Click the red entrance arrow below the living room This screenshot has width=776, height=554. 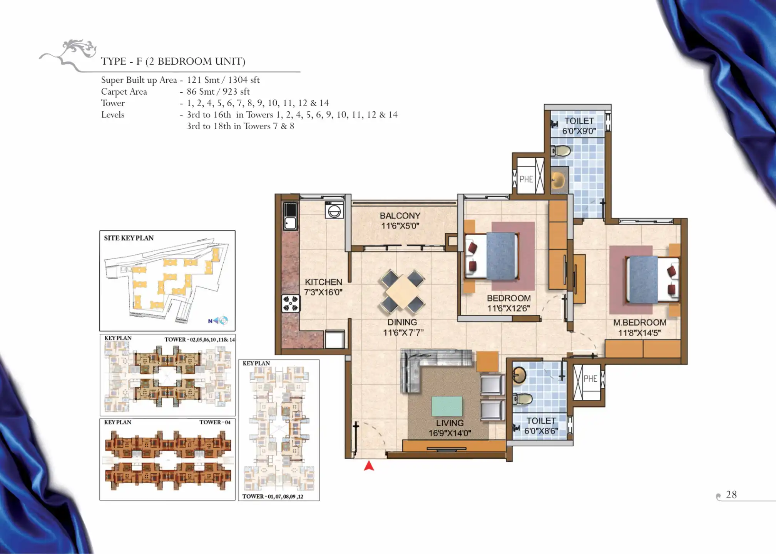click(369, 466)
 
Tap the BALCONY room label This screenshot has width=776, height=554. click(400, 216)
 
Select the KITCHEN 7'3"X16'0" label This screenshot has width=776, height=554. click(323, 287)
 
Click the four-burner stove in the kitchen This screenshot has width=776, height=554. click(291, 303)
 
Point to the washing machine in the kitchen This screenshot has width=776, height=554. click(334, 210)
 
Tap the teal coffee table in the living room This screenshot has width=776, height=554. click(447, 406)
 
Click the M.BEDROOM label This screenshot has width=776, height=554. click(639, 322)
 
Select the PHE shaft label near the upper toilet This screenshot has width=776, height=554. click(526, 179)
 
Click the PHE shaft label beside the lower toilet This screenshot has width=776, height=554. click(590, 379)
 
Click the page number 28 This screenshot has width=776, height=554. click(731, 495)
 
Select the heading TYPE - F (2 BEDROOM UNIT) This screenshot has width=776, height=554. click(173, 61)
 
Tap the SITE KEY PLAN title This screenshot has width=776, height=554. click(129, 238)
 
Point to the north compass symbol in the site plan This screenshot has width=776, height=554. click(218, 320)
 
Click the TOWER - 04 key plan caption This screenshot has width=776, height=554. click(215, 422)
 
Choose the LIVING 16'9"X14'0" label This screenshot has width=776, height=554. click(450, 428)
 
